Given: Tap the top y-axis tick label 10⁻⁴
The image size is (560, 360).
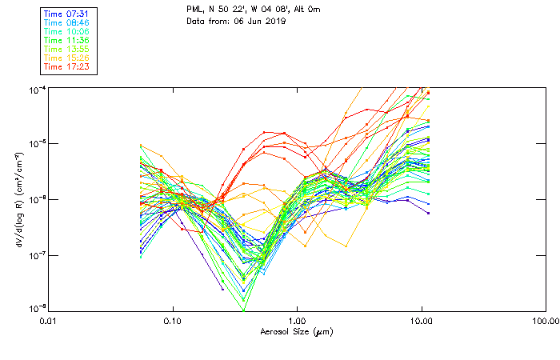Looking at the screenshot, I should tap(37, 89).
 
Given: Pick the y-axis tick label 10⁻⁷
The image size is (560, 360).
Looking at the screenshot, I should tap(37, 255).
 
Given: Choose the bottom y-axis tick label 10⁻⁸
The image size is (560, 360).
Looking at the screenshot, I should tap(37, 309).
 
